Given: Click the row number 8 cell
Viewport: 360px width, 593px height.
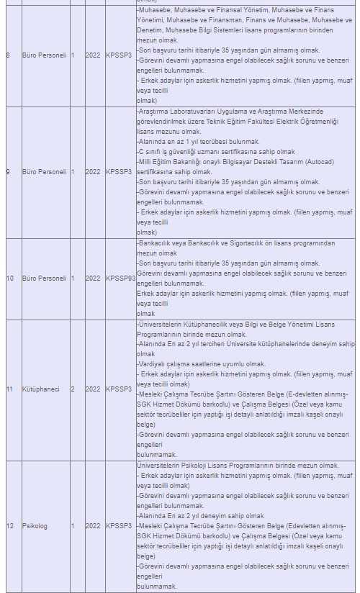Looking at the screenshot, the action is click(9, 55).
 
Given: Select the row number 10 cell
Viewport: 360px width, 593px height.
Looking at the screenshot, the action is click(10, 278).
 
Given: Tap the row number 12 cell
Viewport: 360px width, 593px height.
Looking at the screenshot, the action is click(10, 526).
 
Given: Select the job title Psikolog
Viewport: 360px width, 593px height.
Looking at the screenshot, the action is click(35, 526).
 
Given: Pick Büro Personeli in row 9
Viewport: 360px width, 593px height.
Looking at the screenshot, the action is click(45, 172).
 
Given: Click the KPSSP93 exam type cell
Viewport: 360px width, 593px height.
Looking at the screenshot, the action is click(120, 278).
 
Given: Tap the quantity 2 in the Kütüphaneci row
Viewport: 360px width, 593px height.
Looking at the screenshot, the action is click(73, 389).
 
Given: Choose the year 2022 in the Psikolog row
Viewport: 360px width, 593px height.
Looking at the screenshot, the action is click(94, 526).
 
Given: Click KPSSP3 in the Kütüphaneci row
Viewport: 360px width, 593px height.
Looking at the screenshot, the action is click(119, 389).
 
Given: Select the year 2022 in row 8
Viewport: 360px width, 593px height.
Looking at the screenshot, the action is click(94, 55).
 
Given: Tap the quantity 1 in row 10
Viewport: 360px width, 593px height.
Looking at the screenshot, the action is click(73, 278).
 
